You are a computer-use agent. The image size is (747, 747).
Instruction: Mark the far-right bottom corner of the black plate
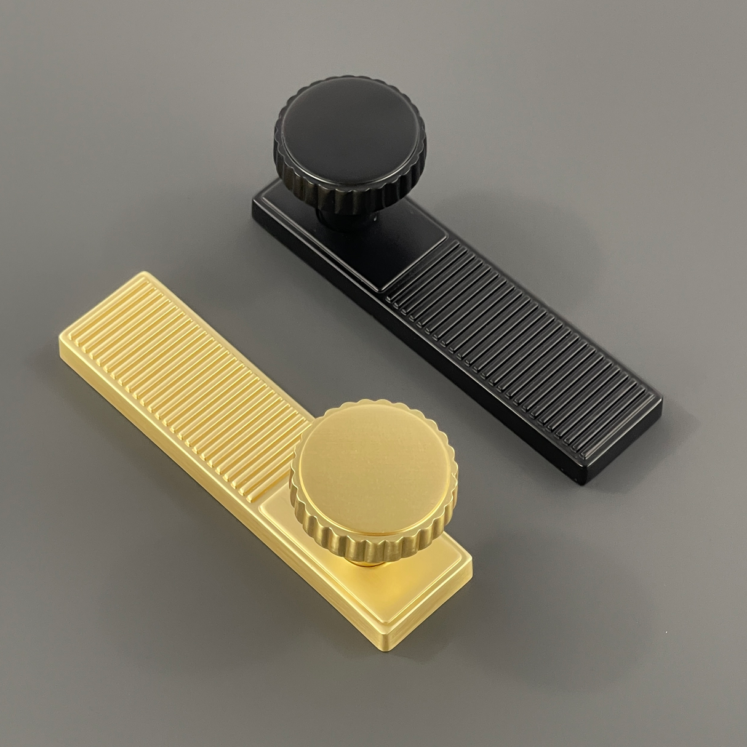[x=581, y=483]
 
